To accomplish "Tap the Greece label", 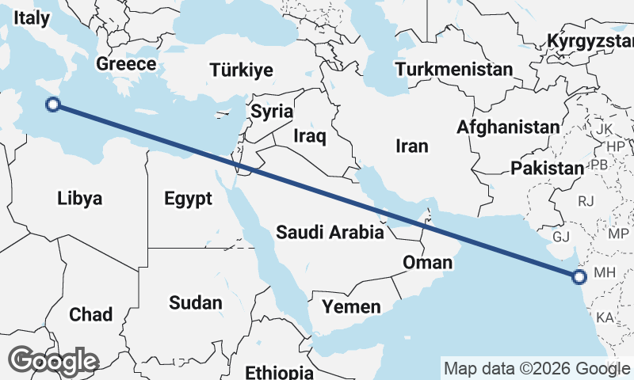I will (125, 64).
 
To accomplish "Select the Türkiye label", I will (241, 70).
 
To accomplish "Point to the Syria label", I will (272, 112).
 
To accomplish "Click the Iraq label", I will (309, 137).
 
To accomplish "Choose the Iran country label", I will (412, 146).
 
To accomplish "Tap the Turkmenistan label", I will (454, 70).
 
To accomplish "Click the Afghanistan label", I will (508, 127).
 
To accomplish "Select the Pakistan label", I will (547, 168).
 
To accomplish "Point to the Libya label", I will (80, 198).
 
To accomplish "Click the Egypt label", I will (189, 198).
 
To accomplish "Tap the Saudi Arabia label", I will (330, 233).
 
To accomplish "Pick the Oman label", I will (427, 262).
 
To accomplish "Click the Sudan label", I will (196, 302).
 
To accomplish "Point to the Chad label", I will (90, 314).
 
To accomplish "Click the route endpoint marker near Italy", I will (53, 104).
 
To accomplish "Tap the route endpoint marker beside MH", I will (579, 276).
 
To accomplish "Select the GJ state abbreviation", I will (561, 237).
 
